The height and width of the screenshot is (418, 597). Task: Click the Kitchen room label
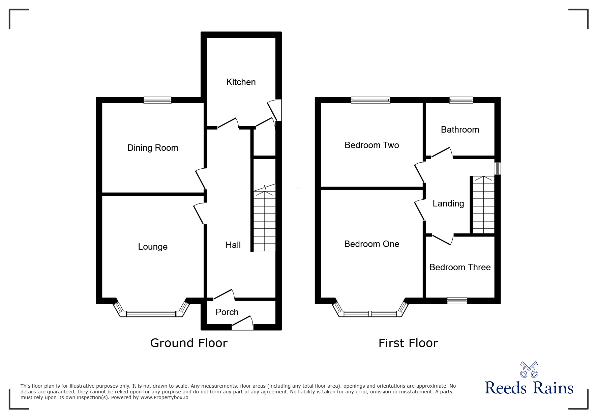tap(241, 82)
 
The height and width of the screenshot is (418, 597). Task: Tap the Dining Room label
tap(153, 148)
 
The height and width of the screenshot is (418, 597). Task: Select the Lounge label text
tap(153, 247)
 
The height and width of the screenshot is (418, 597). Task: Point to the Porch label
tap(227, 312)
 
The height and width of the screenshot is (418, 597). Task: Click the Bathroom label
tap(460, 130)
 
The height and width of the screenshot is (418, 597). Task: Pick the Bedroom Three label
tap(460, 267)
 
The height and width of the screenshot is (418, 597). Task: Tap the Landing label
tap(448, 203)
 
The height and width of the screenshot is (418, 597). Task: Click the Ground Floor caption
tap(189, 343)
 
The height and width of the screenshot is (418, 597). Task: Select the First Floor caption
tap(408, 343)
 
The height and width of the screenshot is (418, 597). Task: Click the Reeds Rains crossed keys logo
tap(529, 370)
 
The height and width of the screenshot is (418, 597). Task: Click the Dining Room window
tap(157, 100)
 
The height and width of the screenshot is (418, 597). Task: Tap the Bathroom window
tap(461, 100)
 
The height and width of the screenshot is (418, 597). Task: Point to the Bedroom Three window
tap(457, 301)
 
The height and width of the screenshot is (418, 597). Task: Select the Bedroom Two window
tap(370, 100)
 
